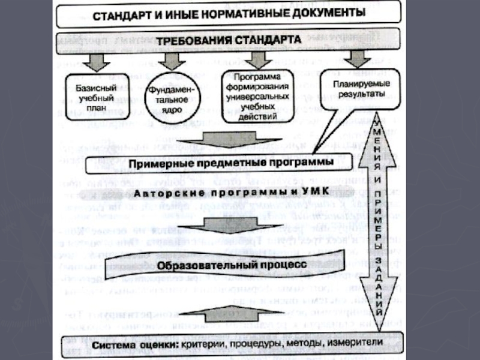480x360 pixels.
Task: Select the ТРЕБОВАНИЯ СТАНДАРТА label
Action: (x=229, y=41)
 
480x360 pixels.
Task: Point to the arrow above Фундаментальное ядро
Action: (x=170, y=60)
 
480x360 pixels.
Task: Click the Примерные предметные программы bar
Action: (x=222, y=163)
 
